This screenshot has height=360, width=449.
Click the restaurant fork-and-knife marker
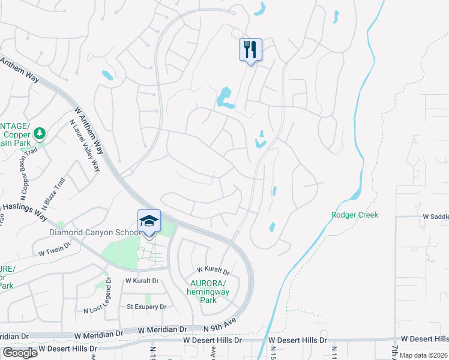coord(251,49)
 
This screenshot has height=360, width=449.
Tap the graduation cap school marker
coord(149,221)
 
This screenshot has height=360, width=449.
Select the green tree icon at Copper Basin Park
coord(40,133)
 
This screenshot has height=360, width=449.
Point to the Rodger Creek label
coord(355,215)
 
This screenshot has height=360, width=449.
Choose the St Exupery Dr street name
coord(146,307)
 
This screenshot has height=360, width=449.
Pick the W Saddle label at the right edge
coord(436,216)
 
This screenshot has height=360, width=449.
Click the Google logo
coord(20,353)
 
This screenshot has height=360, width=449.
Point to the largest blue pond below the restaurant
coord(224,97)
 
